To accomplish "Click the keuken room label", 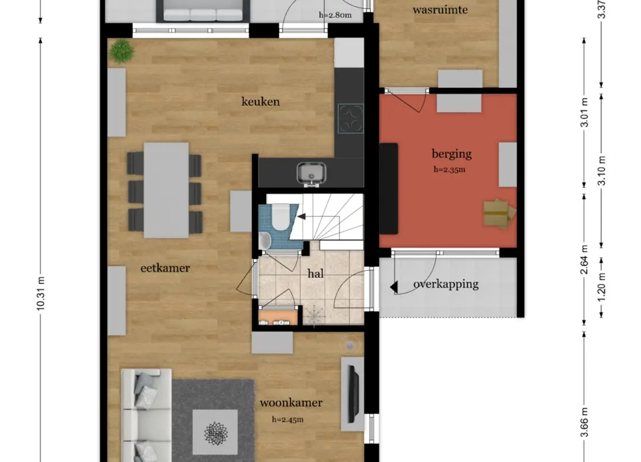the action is (260, 101).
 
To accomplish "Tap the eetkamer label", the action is (165, 268).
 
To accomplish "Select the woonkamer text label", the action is (291, 403).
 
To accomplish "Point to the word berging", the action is (451, 154).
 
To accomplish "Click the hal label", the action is (316, 273).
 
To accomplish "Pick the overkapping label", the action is (446, 284).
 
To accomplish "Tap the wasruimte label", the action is (440, 10).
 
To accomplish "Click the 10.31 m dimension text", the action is (40, 293).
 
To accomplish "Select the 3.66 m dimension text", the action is (584, 422).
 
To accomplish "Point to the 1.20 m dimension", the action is (601, 288).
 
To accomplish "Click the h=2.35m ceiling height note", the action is (450, 170).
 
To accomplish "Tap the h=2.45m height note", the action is (288, 419).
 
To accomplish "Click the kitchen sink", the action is (311, 173).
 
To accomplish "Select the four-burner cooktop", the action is (350, 119).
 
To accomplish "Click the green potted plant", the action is (121, 51).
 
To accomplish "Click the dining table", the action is (166, 190).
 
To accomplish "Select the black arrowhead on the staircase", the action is (301, 216).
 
